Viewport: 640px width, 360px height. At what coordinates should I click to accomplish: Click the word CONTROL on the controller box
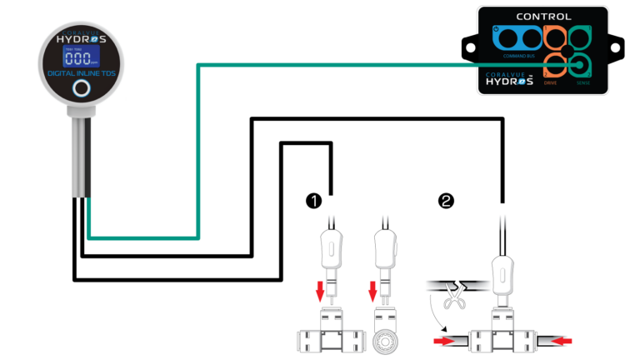point(544,16)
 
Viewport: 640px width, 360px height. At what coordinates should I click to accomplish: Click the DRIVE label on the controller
point(551,82)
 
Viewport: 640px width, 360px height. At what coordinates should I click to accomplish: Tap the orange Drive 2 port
point(553,65)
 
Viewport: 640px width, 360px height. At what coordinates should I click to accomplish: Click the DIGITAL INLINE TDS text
point(81,74)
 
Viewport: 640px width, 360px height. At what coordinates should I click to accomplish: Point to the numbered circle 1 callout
point(313,200)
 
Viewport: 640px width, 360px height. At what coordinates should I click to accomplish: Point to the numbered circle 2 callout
point(447,200)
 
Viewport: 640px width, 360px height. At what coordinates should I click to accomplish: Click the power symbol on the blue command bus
point(497,29)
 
